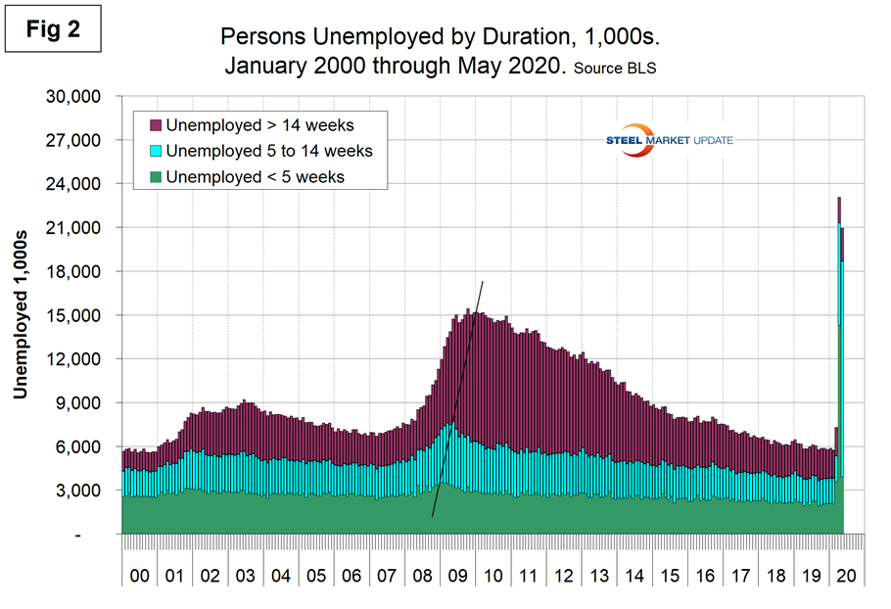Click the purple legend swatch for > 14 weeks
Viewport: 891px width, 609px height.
[154, 125]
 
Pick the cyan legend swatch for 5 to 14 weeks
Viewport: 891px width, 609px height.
[154, 151]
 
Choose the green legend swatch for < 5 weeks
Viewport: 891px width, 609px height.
[154, 177]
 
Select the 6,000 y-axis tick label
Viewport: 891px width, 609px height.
[79, 446]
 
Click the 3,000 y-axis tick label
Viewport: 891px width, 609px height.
[79, 491]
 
